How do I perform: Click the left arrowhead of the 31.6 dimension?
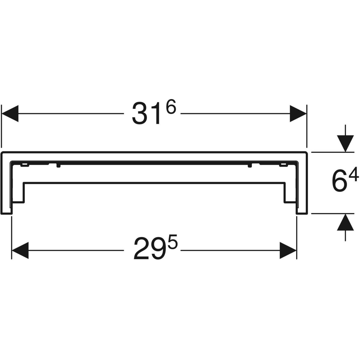tap(10, 113)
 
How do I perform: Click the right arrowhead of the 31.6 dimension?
tap(298, 113)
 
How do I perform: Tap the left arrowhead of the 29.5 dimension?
tap(20, 250)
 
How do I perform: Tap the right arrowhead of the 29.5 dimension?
tap(288, 250)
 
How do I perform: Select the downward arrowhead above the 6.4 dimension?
tap(345, 143)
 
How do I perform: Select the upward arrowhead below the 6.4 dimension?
tap(345, 222)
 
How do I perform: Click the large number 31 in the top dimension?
tap(146, 113)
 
